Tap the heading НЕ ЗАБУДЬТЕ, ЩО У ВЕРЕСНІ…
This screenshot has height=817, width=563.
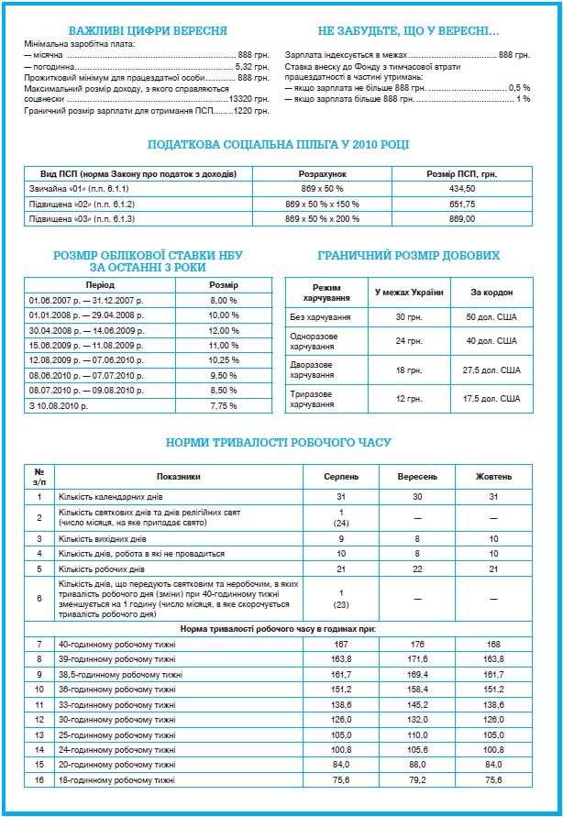click(x=408, y=30)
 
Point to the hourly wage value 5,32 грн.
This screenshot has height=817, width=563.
click(x=252, y=67)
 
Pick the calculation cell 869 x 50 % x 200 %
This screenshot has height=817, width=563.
click(x=322, y=220)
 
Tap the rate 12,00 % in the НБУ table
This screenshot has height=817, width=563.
click(x=224, y=330)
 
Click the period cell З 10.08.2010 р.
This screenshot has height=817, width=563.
click(x=61, y=404)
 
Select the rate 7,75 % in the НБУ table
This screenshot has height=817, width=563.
click(x=224, y=404)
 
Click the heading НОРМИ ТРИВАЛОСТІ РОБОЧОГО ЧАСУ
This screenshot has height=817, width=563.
click(x=279, y=443)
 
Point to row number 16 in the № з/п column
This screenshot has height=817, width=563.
click(x=39, y=780)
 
